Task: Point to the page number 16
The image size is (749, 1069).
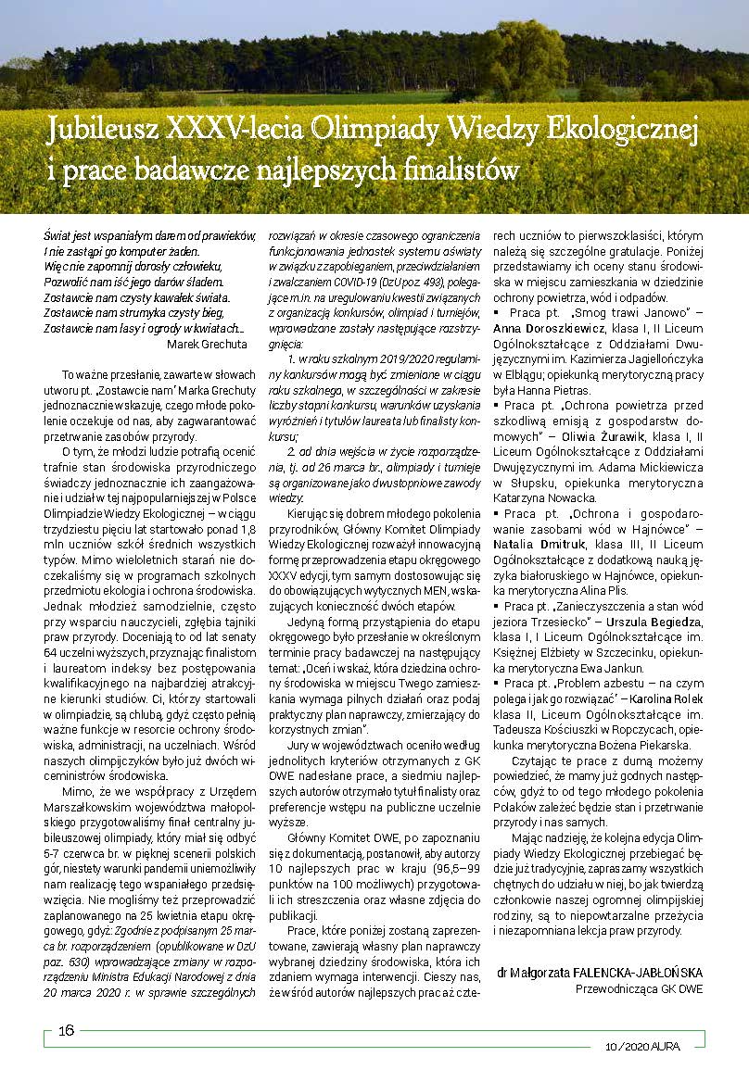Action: [67, 1032]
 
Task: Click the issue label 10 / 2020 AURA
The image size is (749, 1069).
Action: [642, 1046]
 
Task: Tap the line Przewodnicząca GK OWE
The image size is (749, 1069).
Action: [640, 988]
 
